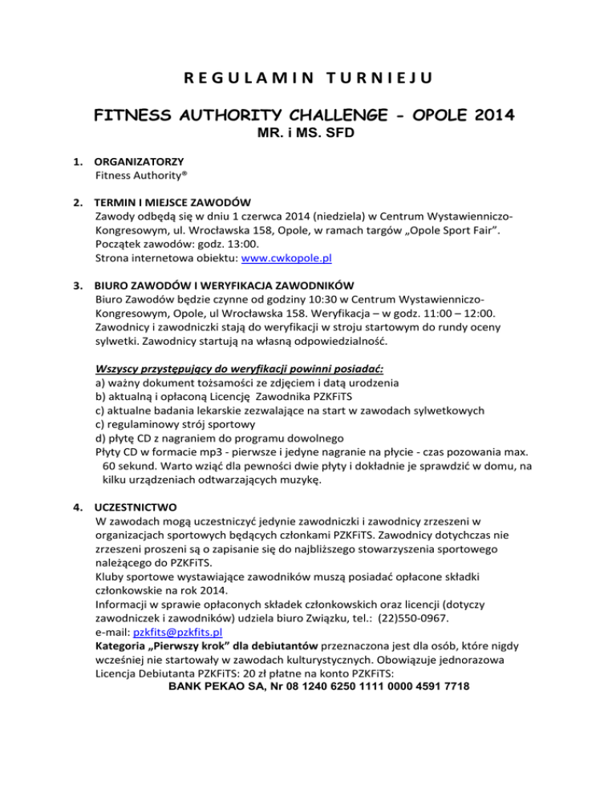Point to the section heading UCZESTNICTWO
(x=137, y=508)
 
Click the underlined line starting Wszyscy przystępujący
(x=239, y=368)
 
